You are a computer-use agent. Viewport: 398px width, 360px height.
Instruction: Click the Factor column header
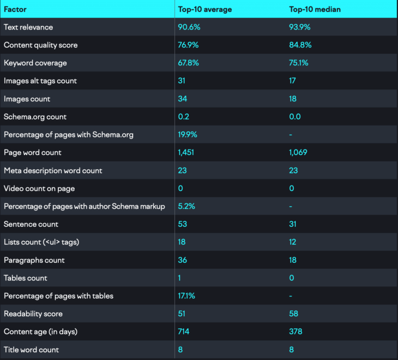pyautogui.click(x=15, y=9)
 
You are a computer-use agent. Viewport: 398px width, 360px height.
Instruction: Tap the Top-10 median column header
pyautogui.click(x=315, y=9)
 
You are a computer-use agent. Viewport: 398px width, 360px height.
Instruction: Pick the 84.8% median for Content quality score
pyautogui.click(x=299, y=45)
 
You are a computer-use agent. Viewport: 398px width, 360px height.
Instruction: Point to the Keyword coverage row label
pyautogui.click(x=35, y=63)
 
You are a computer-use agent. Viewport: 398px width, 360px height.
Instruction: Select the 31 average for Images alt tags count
pyautogui.click(x=182, y=81)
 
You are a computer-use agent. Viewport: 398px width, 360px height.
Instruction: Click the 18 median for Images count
pyautogui.click(x=293, y=99)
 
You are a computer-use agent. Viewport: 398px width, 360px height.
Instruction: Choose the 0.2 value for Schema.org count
pyautogui.click(x=184, y=117)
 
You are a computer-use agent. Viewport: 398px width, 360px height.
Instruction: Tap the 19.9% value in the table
pyautogui.click(x=188, y=135)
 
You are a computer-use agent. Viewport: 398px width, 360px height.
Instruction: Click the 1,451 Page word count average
pyautogui.click(x=186, y=153)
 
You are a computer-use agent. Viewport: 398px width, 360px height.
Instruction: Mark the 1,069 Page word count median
pyautogui.click(x=299, y=153)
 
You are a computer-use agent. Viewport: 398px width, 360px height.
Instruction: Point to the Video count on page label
pyautogui.click(x=39, y=189)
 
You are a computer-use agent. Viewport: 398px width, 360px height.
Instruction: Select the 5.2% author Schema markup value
pyautogui.click(x=186, y=206)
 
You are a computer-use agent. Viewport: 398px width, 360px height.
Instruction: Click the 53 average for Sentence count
pyautogui.click(x=183, y=224)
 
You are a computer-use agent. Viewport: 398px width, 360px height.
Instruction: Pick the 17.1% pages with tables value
pyautogui.click(x=186, y=296)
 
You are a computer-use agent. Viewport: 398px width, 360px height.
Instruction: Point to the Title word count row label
pyautogui.click(x=31, y=350)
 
